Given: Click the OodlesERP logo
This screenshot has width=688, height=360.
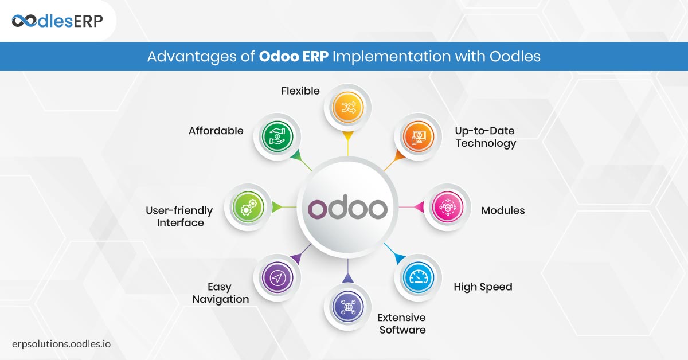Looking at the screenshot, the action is coord(57,21).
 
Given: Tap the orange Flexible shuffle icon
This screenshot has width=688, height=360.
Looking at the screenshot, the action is coord(347,107).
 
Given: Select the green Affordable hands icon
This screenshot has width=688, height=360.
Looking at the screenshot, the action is coord(277,136).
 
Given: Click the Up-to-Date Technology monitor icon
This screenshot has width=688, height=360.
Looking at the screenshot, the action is coord(419,136).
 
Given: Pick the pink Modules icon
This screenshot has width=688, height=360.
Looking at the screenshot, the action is coord(448,207).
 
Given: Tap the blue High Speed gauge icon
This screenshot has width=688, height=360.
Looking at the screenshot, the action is coord(419,277).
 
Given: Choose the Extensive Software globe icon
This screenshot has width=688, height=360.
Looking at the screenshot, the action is coord(347,307).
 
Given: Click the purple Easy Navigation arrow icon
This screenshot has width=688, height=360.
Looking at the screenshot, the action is coord(277,277).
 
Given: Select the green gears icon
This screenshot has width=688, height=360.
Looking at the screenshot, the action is coord(248,207).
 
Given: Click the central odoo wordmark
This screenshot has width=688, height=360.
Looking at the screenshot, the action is coord(347,207).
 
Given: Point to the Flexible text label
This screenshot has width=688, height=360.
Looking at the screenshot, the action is coord(300,91).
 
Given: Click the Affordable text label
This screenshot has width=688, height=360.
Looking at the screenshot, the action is coord(216,131).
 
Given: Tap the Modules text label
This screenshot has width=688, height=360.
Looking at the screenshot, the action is coord(503,210).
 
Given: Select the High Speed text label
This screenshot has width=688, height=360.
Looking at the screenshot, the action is coord(483,287).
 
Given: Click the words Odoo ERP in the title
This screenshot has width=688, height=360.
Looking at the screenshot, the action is coord(294,57).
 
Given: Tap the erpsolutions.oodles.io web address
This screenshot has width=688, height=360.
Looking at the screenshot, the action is coord(61,344).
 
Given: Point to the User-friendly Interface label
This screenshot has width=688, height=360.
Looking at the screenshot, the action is coord(179,217).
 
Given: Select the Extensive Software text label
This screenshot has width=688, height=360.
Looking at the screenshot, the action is coord(402,324).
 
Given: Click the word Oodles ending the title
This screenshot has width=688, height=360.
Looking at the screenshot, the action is coord(515,57).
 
